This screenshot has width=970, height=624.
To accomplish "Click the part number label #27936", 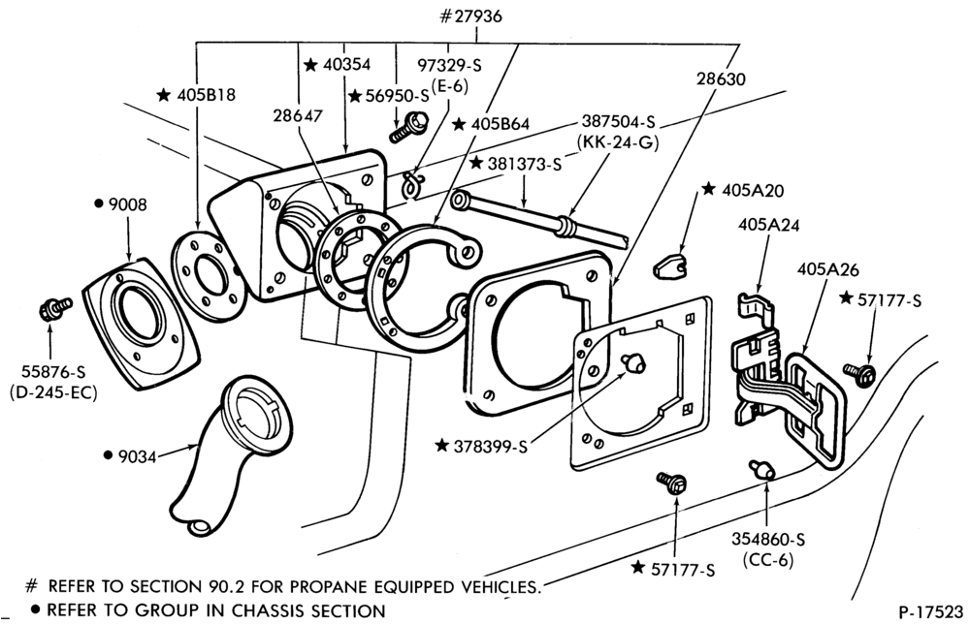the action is pyautogui.click(x=470, y=16).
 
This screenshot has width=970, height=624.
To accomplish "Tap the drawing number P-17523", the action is pyautogui.click(x=930, y=611).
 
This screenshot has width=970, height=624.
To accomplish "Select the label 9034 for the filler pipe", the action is pyautogui.click(x=136, y=456).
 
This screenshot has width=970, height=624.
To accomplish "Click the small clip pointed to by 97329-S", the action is pyautogui.click(x=409, y=184).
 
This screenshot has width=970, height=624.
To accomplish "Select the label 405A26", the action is pyautogui.click(x=827, y=269).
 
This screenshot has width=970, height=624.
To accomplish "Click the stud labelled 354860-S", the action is pyautogui.click(x=762, y=469).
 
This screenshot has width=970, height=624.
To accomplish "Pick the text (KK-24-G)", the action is pyautogui.click(x=618, y=142).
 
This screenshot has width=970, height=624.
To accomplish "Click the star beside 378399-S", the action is pyautogui.click(x=441, y=445).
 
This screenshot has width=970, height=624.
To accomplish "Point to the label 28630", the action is pyautogui.click(x=721, y=79).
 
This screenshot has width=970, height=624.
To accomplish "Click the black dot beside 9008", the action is pyautogui.click(x=98, y=203).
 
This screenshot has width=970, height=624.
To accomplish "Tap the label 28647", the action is pyautogui.click(x=298, y=115).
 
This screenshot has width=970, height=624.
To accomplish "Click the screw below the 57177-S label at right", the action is pyautogui.click(x=860, y=372).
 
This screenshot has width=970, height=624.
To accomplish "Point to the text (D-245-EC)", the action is pyautogui.click(x=53, y=392).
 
